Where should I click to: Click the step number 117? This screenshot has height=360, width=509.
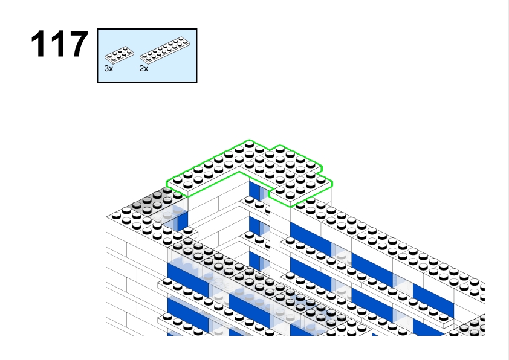pos(59,44)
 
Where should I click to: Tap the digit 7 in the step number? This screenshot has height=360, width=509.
pos(78,44)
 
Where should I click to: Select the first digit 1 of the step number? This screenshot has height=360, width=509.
pos(38,44)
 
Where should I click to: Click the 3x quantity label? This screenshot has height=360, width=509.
pos(109,68)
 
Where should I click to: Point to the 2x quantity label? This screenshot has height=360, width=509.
pos(143,68)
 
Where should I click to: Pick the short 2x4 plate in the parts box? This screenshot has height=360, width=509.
pos(119,54)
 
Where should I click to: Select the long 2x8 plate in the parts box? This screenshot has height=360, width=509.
pos(165,50)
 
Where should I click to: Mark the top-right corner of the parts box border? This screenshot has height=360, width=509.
pos(196,29)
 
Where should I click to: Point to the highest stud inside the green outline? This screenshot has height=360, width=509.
pos(249,144)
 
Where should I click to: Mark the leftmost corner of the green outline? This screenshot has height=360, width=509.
pos(166,182)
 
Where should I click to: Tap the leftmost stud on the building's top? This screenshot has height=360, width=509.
pos(116,216)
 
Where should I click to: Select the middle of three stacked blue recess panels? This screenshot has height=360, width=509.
pos(254,226)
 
